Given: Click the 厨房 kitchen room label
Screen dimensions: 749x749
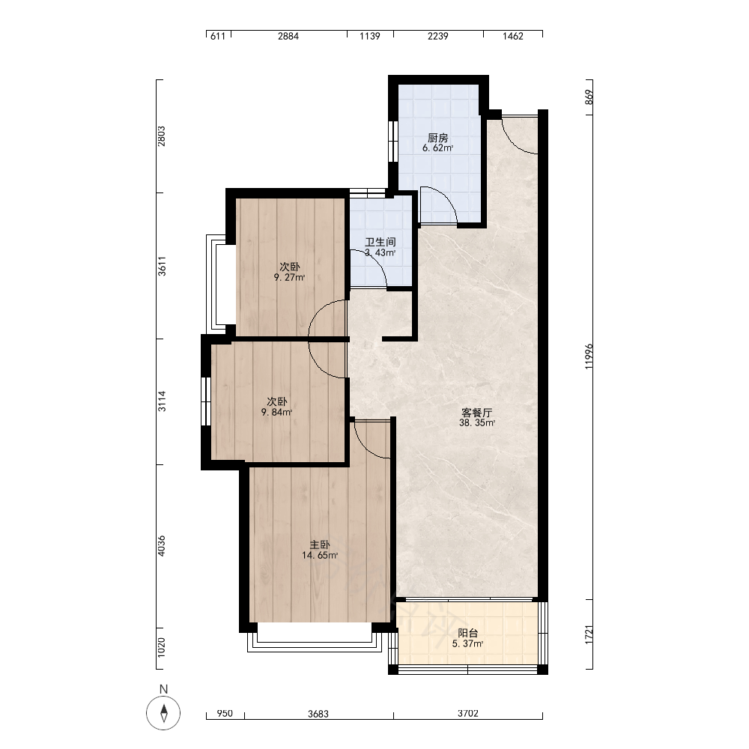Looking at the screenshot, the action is click(x=437, y=138).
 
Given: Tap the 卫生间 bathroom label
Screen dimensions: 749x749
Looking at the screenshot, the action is click(x=380, y=242).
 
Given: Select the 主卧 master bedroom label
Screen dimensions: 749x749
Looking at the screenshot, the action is click(x=320, y=545).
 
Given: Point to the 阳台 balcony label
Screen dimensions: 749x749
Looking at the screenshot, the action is click(x=467, y=634).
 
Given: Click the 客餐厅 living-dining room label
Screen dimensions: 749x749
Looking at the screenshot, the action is click(x=476, y=413).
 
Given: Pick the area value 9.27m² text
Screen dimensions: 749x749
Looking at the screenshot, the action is click(x=289, y=278).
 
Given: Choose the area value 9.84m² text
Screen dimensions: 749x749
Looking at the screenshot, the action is click(x=276, y=412).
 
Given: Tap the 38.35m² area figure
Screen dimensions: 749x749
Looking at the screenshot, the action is click(x=476, y=423).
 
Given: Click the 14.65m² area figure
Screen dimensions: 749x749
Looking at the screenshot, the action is click(x=320, y=556).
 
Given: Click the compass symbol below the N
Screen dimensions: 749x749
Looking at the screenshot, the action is click(x=163, y=713).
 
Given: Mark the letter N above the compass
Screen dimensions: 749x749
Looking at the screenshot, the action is click(x=163, y=689).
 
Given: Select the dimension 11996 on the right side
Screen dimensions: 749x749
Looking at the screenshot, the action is click(x=589, y=356).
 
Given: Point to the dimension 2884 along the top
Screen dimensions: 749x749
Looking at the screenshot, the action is click(x=288, y=36).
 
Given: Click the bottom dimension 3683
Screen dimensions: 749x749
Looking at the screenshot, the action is click(x=318, y=714).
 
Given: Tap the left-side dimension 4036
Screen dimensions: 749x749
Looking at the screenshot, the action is click(x=162, y=545).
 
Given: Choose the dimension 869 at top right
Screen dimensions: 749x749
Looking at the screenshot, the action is click(x=589, y=97).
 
